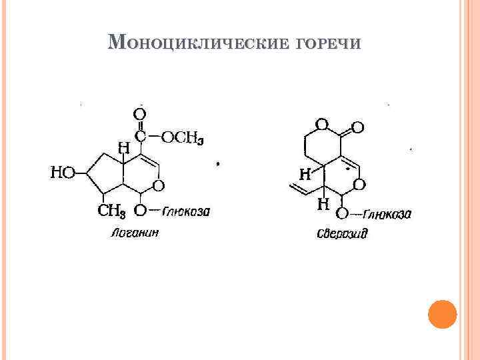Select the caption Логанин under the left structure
[135, 233]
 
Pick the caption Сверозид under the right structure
[342, 234]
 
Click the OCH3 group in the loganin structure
[183, 137]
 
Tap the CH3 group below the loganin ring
[112, 212]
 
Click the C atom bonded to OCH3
[141, 137]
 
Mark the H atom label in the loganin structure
[124, 148]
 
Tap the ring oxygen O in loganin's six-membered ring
[160, 185]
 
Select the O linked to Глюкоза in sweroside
[342, 213]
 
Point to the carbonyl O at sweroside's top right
[357, 127]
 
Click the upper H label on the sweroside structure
[305, 175]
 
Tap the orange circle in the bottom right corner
[441, 314]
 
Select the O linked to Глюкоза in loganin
[141, 212]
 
